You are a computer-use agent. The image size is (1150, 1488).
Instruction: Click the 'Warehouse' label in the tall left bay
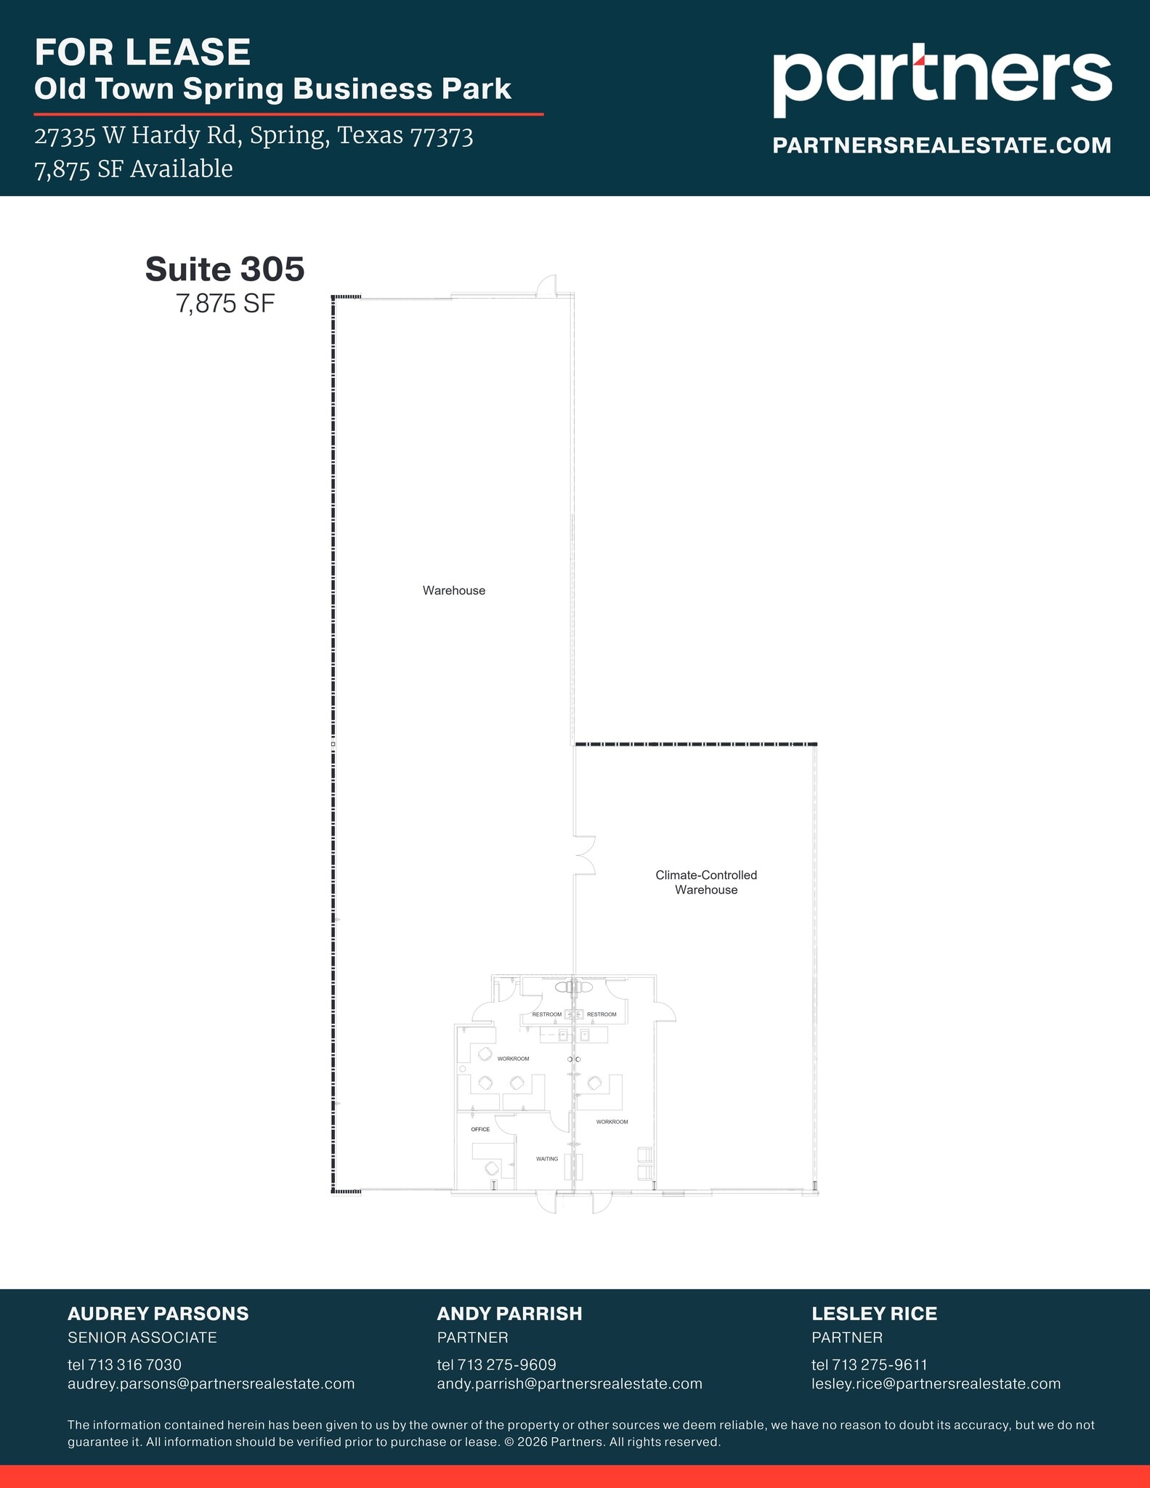(x=454, y=591)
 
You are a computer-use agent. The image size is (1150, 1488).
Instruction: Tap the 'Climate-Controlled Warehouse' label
(x=706, y=882)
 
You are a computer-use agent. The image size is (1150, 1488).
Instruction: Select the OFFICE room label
(x=480, y=1129)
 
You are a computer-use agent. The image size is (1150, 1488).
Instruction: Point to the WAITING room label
(x=547, y=1159)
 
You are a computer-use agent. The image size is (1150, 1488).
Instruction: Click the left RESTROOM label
(x=546, y=1014)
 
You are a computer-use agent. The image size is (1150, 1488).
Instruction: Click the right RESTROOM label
(x=602, y=1014)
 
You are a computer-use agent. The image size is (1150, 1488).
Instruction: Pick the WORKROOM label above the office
(x=513, y=1059)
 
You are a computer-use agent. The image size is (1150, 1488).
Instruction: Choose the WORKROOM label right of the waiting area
(x=612, y=1122)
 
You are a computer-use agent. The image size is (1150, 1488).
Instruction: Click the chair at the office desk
(x=492, y=1168)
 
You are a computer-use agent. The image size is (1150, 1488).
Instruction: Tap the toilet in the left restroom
(x=564, y=987)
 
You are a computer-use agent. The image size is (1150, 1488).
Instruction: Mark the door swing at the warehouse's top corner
(x=547, y=286)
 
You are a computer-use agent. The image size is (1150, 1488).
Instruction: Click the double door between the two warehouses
(x=585, y=854)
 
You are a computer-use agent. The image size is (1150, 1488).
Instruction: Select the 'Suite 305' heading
(x=224, y=269)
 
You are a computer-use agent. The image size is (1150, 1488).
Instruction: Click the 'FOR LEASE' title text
(x=142, y=52)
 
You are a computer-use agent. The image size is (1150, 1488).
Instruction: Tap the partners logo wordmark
(x=942, y=78)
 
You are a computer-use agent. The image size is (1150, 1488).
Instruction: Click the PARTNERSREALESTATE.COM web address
(x=942, y=145)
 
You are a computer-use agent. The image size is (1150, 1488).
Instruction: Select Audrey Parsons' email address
(x=211, y=1383)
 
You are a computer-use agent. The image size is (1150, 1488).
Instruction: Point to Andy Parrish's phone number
(x=496, y=1364)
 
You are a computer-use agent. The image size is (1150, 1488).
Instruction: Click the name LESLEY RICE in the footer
(x=874, y=1314)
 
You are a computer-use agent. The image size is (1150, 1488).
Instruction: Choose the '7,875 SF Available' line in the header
(x=134, y=169)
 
